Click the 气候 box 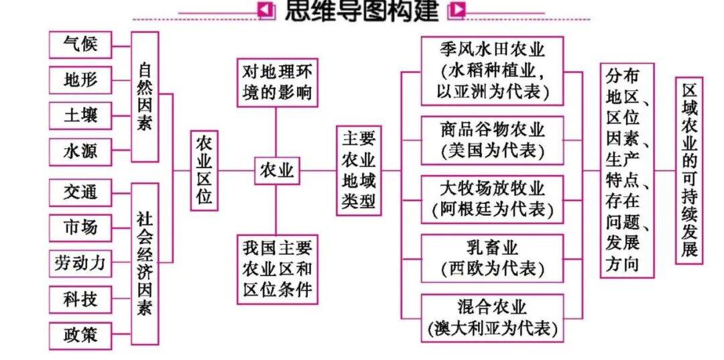tap(80, 45)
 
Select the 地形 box tap(80, 80)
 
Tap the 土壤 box tap(80, 116)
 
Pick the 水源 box tap(80, 152)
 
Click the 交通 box tap(80, 192)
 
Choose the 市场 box tap(80, 228)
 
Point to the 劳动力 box tap(80, 263)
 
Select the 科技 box tap(80, 299)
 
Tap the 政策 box tap(80, 335)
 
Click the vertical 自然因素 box tap(145, 97)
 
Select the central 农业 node tap(276, 171)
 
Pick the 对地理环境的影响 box tap(276, 82)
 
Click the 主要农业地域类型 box tap(359, 171)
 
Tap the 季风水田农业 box tap(492, 71)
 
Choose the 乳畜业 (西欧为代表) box tap(492, 258)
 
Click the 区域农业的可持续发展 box tap(688, 170)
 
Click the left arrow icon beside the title tap(266, 10)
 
